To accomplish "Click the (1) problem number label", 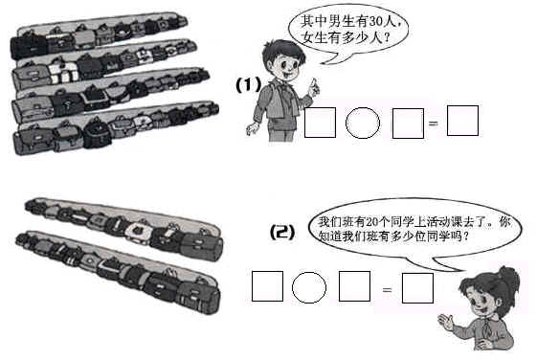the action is [x=248, y=85].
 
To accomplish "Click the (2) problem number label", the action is [x=282, y=233].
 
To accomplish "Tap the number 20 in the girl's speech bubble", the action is [x=372, y=222].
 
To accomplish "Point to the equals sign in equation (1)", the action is [x=434, y=123].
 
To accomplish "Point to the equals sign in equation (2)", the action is [x=387, y=290].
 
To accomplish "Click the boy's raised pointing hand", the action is [x=314, y=87].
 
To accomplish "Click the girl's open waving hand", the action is [x=446, y=323].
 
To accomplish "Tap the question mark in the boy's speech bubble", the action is [x=387, y=36].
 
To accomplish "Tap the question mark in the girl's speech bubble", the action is [x=465, y=236].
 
